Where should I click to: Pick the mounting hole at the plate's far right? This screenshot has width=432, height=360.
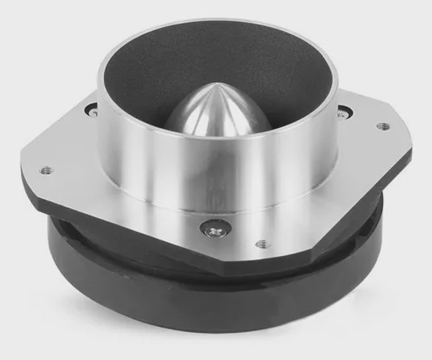coord(382,126)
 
